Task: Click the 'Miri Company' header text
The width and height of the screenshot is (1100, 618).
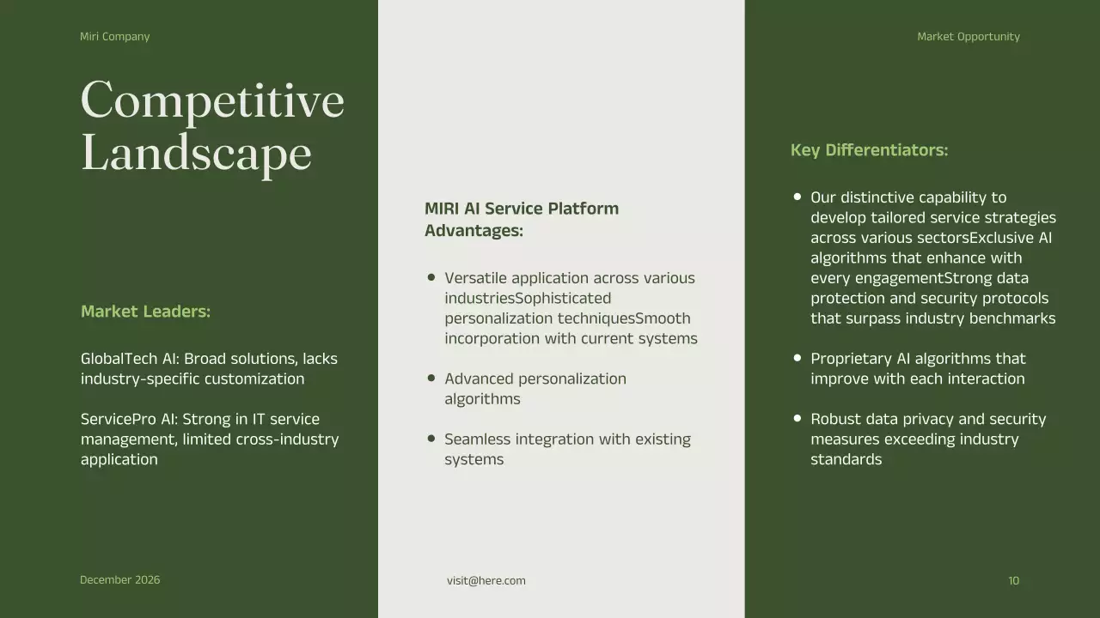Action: tap(114, 37)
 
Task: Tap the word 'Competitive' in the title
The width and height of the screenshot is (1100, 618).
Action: tap(212, 100)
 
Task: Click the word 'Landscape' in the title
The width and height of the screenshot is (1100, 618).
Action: tap(196, 154)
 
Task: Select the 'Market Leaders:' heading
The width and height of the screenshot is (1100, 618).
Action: tap(145, 312)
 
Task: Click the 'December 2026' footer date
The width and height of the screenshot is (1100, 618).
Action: tap(119, 580)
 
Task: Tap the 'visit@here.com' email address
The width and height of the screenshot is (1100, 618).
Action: tap(486, 581)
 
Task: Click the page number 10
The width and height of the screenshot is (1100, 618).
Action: tap(1013, 581)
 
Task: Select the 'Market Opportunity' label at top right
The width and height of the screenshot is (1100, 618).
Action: tap(968, 37)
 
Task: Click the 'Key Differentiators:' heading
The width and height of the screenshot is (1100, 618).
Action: tap(869, 150)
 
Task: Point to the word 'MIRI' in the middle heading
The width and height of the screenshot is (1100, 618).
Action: tap(443, 209)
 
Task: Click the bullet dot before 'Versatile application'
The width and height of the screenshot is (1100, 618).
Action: tap(431, 277)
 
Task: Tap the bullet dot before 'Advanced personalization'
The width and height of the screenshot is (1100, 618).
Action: tap(431, 378)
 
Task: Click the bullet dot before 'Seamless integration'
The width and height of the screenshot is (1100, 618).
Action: tap(431, 438)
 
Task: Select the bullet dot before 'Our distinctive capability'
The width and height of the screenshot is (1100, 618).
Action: tap(797, 197)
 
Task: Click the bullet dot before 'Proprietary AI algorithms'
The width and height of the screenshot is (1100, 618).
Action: tap(797, 357)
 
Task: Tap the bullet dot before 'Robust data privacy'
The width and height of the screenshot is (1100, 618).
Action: tap(797, 418)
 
